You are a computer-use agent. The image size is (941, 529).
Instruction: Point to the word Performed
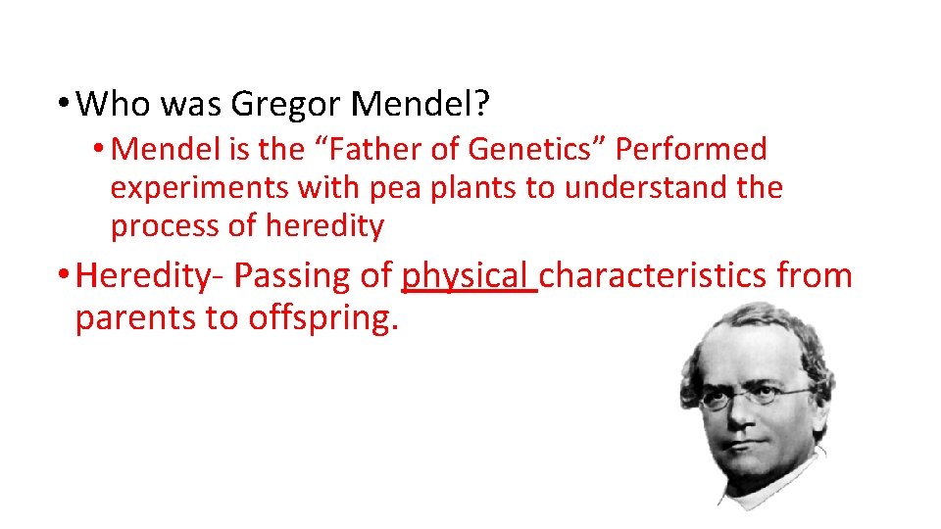(691, 150)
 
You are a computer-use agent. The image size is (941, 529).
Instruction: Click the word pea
(364, 188)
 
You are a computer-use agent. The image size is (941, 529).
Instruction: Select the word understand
(639, 188)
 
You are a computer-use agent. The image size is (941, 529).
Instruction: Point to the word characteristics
(653, 276)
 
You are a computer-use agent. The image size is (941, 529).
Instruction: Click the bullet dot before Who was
(62, 102)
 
